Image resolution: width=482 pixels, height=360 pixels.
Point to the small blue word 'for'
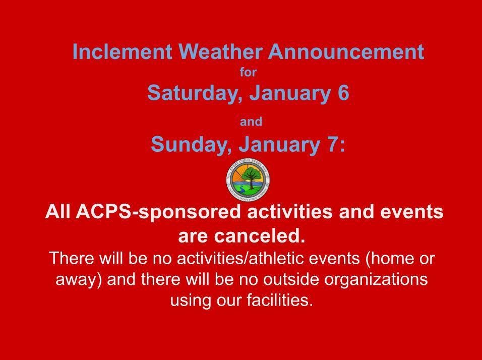248,73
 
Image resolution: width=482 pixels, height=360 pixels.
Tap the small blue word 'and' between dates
251,122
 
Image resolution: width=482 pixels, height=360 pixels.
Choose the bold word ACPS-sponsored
159,212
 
